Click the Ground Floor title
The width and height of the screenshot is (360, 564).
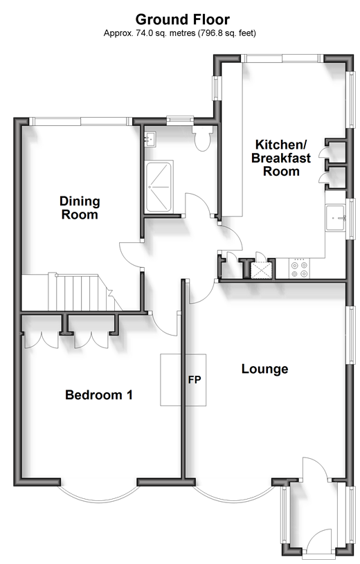click(183, 19)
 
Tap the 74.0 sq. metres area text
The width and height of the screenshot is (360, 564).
click(179, 33)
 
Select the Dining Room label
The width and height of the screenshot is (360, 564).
click(80, 208)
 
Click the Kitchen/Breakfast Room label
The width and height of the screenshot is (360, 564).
click(281, 158)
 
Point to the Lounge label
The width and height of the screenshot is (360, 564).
click(264, 369)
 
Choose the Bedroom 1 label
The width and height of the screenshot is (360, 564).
click(99, 395)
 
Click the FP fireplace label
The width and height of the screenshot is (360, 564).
click(195, 379)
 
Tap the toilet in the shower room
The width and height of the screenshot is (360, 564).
click(202, 138)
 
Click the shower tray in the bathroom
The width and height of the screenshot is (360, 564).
click(159, 185)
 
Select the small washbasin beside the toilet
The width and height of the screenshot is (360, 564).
click(150, 139)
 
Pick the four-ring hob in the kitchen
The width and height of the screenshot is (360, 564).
click(300, 269)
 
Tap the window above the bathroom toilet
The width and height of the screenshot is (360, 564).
click(180, 120)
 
